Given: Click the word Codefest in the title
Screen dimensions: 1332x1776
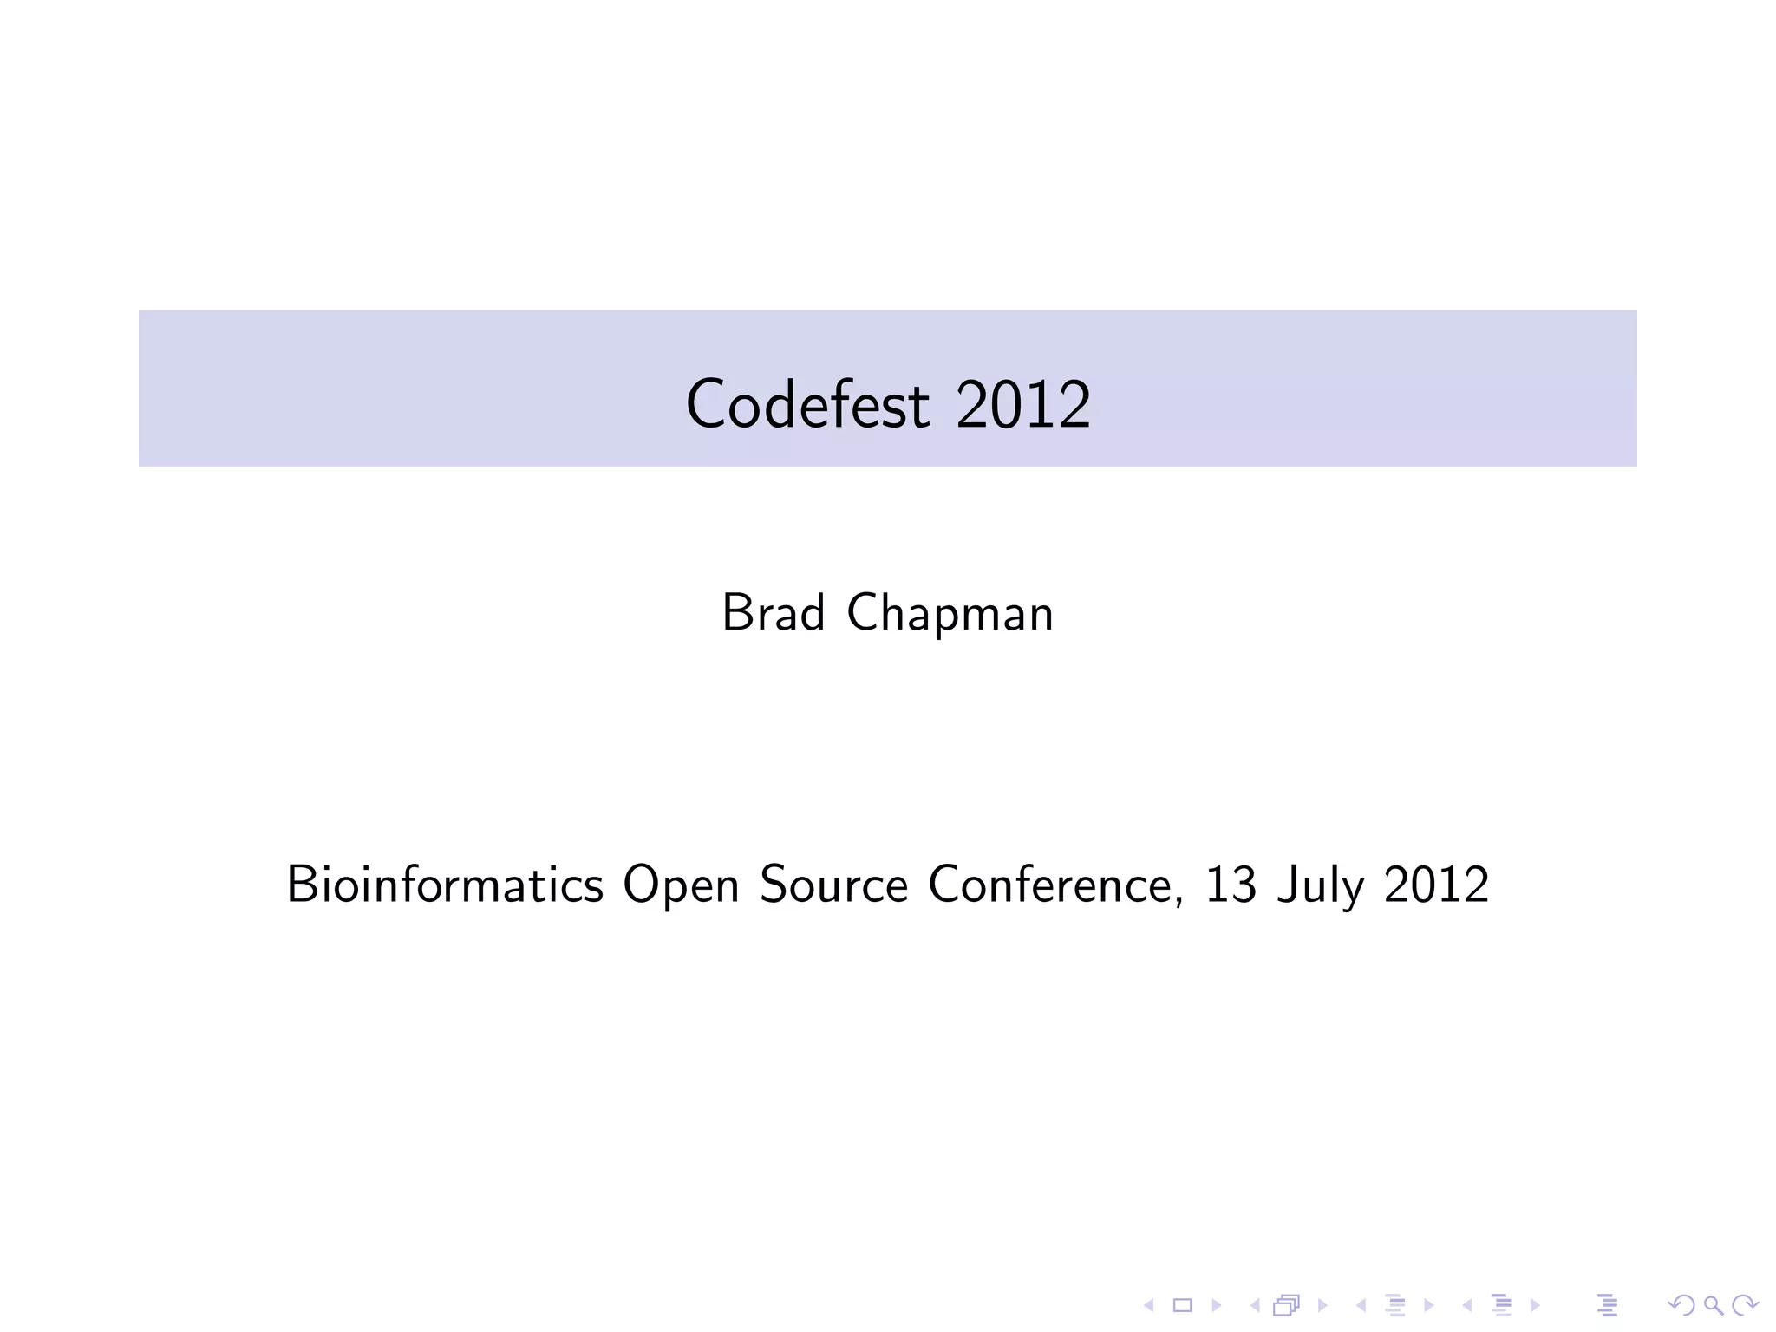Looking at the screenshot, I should tap(807, 404).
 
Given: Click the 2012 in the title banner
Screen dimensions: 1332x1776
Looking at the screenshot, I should tap(1022, 404).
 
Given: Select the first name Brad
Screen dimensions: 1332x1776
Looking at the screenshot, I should tap(773, 613).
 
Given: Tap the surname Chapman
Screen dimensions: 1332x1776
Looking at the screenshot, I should tap(950, 615).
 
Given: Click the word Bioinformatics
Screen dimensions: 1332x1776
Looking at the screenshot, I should tap(445, 885).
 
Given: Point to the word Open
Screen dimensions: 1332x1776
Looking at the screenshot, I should tap(681, 886).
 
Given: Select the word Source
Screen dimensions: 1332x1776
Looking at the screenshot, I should tap(833, 885).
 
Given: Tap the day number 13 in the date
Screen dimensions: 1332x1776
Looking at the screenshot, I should tap(1231, 885).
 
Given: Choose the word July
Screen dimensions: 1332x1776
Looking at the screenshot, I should tap(1319, 886).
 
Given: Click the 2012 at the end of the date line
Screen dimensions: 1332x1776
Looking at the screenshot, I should tap(1436, 885).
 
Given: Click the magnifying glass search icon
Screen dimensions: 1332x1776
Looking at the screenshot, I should tap(1713, 1305).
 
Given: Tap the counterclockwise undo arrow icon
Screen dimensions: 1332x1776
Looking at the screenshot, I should tap(1681, 1305).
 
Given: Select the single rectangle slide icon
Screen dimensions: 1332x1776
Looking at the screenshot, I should tap(1183, 1305).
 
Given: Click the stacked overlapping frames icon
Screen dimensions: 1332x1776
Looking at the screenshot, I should tap(1287, 1305).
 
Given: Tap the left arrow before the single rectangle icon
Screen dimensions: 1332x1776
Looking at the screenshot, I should tap(1149, 1305).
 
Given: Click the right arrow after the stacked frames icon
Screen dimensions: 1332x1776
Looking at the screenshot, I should tap(1322, 1305).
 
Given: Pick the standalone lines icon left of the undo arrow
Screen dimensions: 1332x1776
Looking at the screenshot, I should tap(1607, 1305).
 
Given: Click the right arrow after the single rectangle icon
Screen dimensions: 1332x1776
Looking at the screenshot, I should tap(1217, 1305).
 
